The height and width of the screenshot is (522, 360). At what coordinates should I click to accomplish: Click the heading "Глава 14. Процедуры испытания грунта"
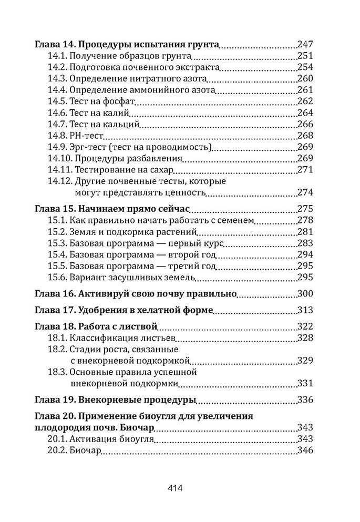126,45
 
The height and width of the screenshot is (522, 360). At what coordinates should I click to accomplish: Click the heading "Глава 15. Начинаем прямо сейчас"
119,208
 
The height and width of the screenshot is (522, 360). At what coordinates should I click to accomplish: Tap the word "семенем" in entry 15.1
239,220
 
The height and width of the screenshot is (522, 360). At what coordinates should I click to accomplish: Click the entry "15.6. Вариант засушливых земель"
121,277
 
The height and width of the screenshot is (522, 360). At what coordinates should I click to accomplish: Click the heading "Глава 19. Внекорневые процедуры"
115,400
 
